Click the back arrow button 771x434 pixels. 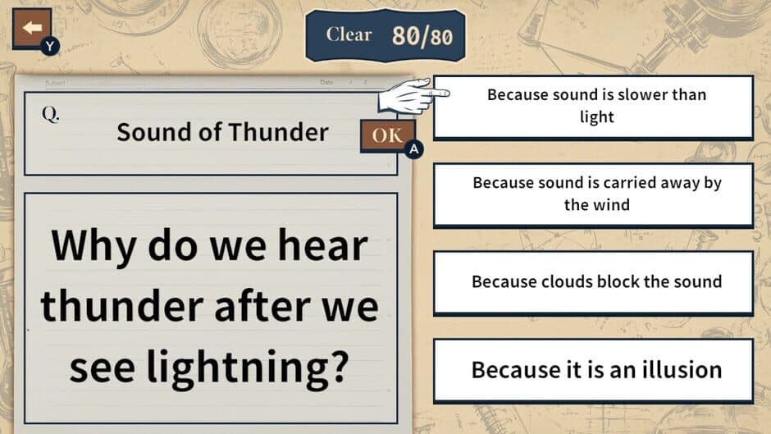pos(32,29)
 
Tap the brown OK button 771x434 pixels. pos(387,135)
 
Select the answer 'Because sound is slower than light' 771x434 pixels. pos(594,107)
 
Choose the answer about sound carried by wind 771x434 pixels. pos(594,195)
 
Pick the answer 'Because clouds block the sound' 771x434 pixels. pos(594,282)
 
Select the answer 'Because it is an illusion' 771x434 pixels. pos(594,371)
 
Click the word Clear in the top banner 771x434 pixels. pos(349,34)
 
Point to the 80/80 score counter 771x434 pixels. pos(422,36)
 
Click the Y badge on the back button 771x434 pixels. pos(50,46)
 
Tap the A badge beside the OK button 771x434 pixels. pos(414,148)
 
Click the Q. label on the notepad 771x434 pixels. pos(51,114)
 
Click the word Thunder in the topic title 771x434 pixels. pos(278,132)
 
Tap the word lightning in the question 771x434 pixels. pos(248,366)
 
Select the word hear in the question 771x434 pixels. pos(322,244)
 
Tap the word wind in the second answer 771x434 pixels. pos(611,205)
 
